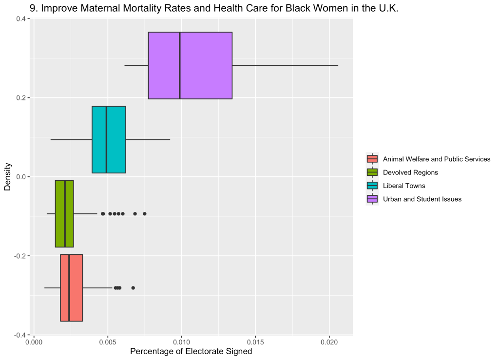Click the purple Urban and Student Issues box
coord(205,65)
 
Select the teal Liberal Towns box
coord(116,139)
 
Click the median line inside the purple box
coord(180,65)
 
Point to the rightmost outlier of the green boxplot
coord(144,213)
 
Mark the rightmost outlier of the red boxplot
coord(133,287)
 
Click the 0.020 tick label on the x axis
coord(329,343)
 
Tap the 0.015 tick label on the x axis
coord(255,343)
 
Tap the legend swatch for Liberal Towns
coord(372,186)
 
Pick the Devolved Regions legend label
coord(410,172)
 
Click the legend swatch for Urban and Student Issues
coord(372,199)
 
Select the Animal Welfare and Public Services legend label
coord(437,159)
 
